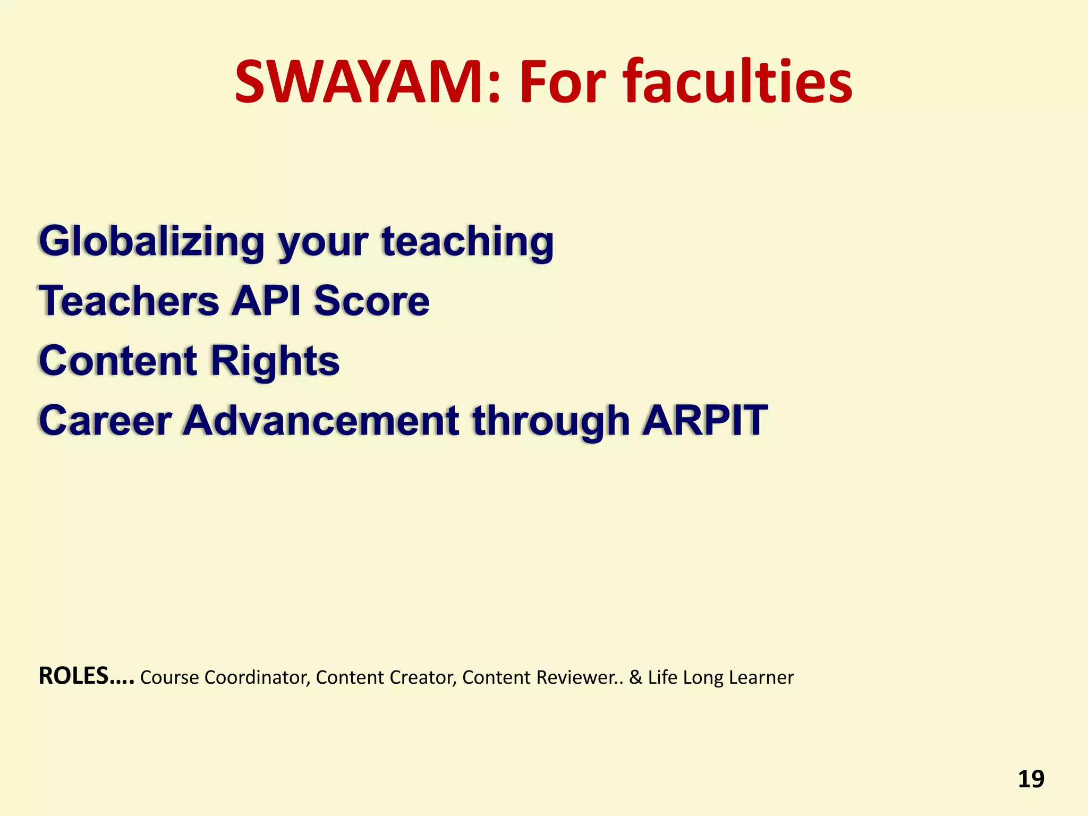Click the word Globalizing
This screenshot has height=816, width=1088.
151,242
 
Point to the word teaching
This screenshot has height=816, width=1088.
467,242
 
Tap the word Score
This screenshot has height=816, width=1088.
371,301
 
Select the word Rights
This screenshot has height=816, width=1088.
275,361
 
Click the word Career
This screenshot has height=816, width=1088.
106,421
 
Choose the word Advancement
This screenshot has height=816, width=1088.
321,421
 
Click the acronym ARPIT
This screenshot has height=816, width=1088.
705,421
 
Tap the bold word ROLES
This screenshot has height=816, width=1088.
74,676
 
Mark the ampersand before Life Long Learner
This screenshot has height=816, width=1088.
635,678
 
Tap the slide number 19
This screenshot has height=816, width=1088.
1031,779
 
